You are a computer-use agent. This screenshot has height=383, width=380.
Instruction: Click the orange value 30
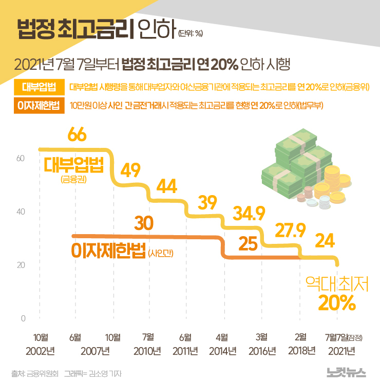coord(145,223)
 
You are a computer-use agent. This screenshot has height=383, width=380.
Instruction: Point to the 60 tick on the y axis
coord(21,158)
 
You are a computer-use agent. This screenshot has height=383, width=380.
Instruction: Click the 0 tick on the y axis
coord(23,319)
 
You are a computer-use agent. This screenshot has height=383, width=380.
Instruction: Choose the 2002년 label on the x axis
coord(41,352)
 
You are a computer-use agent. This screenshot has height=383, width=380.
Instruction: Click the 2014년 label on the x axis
coord(222,352)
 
